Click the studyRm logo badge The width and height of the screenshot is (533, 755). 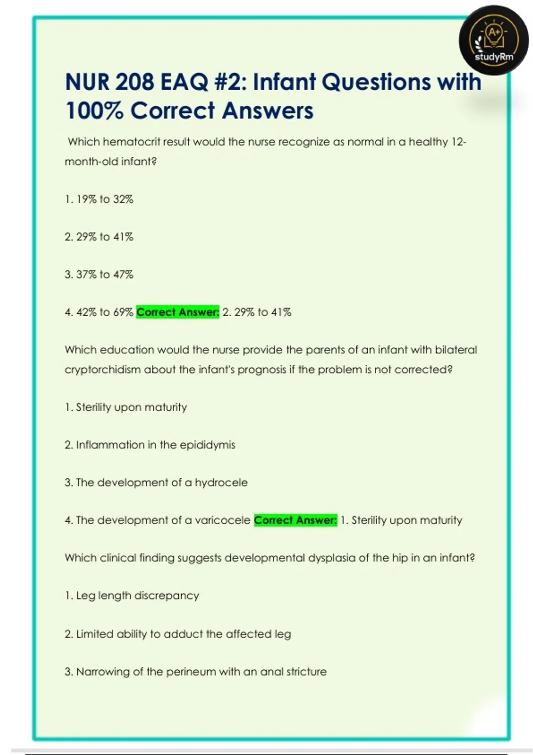click(x=493, y=40)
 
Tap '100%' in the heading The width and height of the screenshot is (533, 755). click(x=94, y=111)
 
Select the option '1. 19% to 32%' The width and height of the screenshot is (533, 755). click(x=99, y=199)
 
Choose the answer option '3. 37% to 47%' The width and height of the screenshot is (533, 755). click(x=99, y=274)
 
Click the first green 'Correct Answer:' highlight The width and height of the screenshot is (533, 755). click(x=178, y=312)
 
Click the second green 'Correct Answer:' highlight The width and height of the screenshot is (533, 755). click(x=295, y=520)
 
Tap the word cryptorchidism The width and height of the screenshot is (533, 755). click(x=103, y=370)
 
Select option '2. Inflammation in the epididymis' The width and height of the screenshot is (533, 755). click(x=150, y=445)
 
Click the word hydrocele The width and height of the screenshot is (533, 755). click(x=221, y=483)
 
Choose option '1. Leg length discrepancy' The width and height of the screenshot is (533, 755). click(x=131, y=596)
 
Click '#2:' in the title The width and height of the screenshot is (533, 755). click(x=231, y=82)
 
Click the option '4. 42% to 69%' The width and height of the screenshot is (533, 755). click(x=99, y=312)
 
